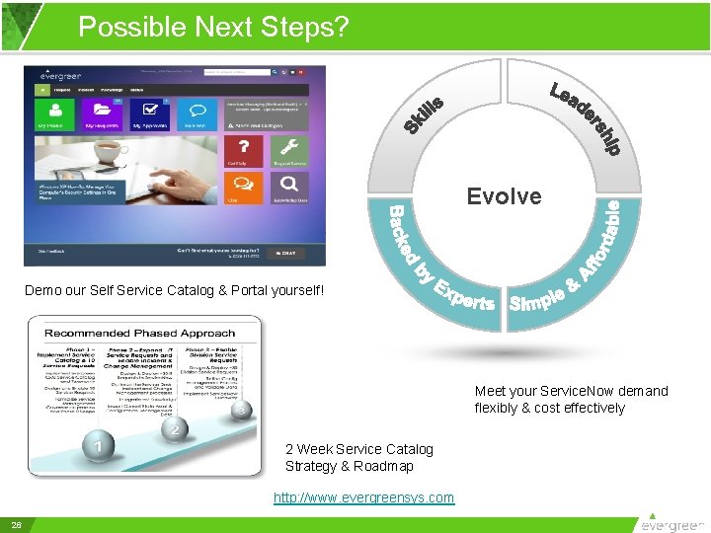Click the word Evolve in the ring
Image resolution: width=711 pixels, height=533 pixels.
(x=504, y=196)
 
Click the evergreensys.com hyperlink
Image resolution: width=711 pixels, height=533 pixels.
(x=363, y=497)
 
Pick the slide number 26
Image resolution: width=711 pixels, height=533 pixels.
(x=17, y=524)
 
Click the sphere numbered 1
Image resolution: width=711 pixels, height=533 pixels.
(x=98, y=449)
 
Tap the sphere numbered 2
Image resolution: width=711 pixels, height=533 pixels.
(x=175, y=430)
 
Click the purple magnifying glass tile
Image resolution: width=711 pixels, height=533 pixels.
(x=288, y=185)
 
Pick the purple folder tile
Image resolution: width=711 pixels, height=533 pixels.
(x=102, y=114)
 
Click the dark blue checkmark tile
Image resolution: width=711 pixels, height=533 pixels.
(x=149, y=114)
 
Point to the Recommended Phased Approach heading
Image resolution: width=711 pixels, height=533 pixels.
(x=139, y=333)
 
